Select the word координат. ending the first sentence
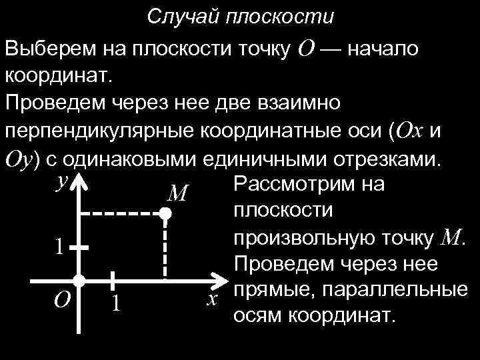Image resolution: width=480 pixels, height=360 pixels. (x=59, y=75)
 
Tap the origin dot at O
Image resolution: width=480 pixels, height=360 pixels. (x=79, y=280)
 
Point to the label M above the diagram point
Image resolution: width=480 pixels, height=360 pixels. (x=177, y=193)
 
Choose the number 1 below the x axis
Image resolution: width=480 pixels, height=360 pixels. (x=115, y=303)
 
